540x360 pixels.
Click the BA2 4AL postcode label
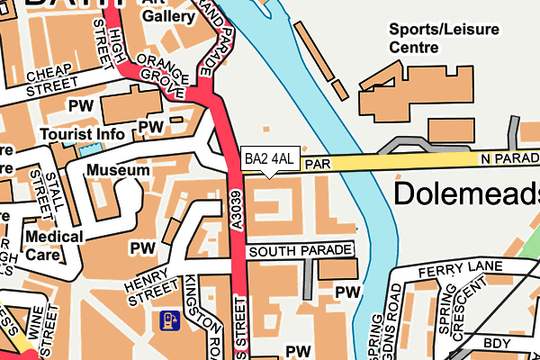[x=269, y=159]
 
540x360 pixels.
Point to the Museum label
[x=118, y=170]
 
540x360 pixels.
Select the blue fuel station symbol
[x=168, y=319]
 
